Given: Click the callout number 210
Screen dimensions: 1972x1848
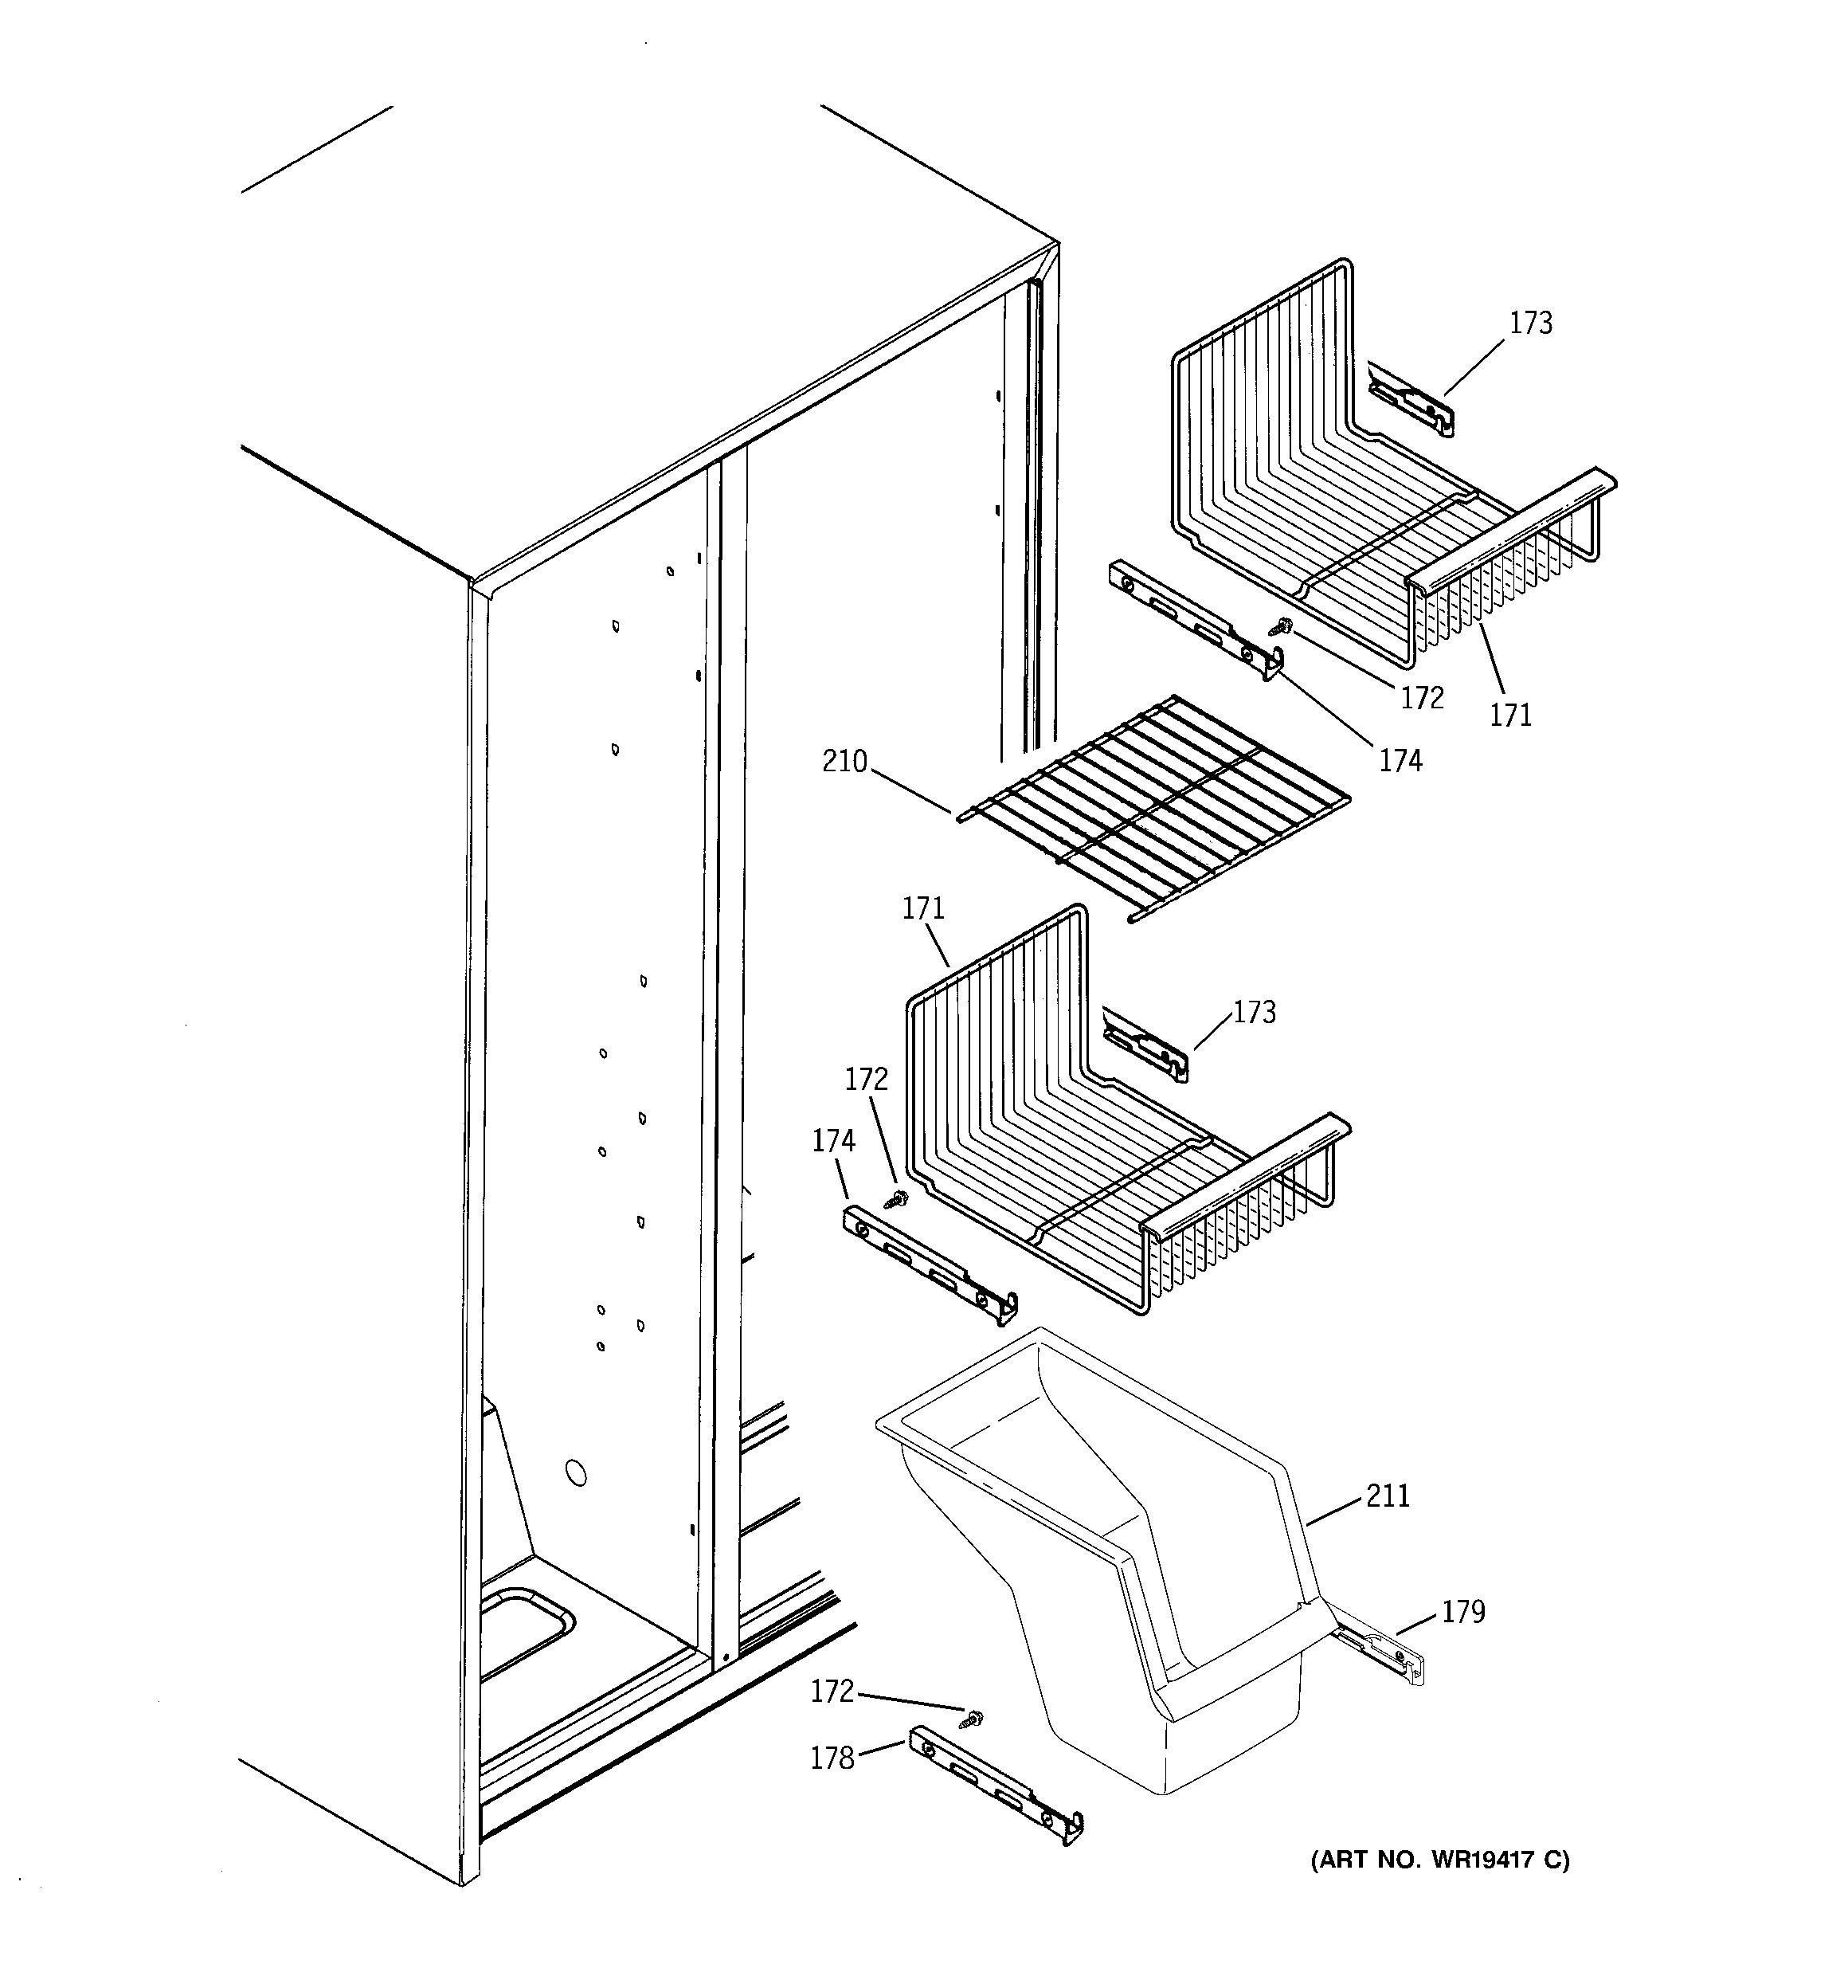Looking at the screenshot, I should (x=844, y=763).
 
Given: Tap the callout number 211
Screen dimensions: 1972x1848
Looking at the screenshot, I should (x=1388, y=1496).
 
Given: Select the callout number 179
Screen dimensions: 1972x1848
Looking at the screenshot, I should (x=1463, y=1612).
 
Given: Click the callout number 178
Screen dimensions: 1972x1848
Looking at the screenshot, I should (x=832, y=1758).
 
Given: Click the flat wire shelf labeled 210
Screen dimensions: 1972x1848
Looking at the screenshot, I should (x=1151, y=806).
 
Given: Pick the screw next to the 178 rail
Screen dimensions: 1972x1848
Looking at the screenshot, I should (x=975, y=1717).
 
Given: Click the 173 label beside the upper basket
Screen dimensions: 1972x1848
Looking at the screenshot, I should (x=1531, y=323).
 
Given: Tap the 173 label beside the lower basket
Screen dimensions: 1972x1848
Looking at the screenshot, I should (x=1254, y=1013).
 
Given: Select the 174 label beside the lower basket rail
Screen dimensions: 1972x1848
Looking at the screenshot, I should (x=833, y=1142).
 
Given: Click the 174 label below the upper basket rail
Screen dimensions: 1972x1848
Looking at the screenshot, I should (x=1400, y=761).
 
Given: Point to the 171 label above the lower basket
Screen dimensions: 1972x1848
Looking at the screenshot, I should (x=922, y=908).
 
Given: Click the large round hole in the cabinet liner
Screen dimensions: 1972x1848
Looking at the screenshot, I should (x=574, y=1473).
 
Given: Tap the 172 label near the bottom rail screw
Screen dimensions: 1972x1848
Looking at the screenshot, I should (x=832, y=1692).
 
